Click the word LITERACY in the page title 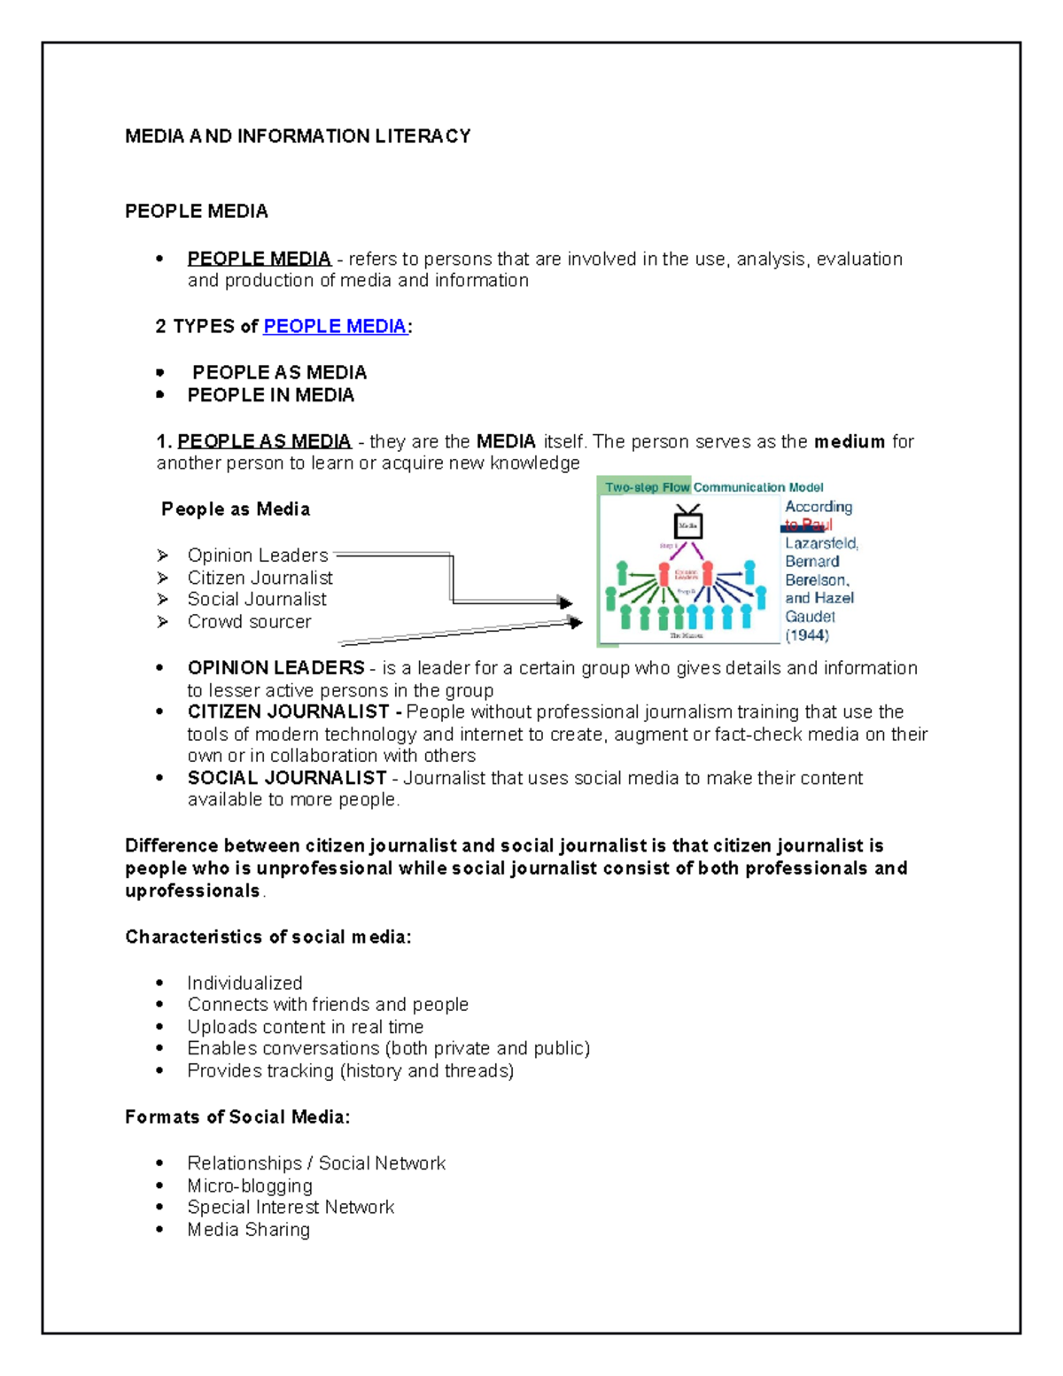tap(422, 136)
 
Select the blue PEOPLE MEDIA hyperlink tap(335, 326)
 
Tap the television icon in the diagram tap(687, 523)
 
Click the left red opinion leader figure tap(663, 573)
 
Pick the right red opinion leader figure tap(707, 573)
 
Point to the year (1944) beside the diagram tap(807, 635)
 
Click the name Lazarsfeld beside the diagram tap(821, 543)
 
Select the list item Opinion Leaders tap(257, 556)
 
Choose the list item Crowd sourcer tap(249, 622)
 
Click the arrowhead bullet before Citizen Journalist tap(162, 578)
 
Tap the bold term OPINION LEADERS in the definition tap(275, 668)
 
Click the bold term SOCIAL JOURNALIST tap(287, 778)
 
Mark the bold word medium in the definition tap(850, 441)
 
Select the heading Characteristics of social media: tap(268, 937)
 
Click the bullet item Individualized tap(244, 983)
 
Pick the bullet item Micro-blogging tap(250, 1186)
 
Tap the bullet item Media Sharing tap(248, 1230)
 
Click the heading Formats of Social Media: tap(237, 1117)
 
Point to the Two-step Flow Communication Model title tap(714, 487)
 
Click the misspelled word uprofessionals tap(192, 891)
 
